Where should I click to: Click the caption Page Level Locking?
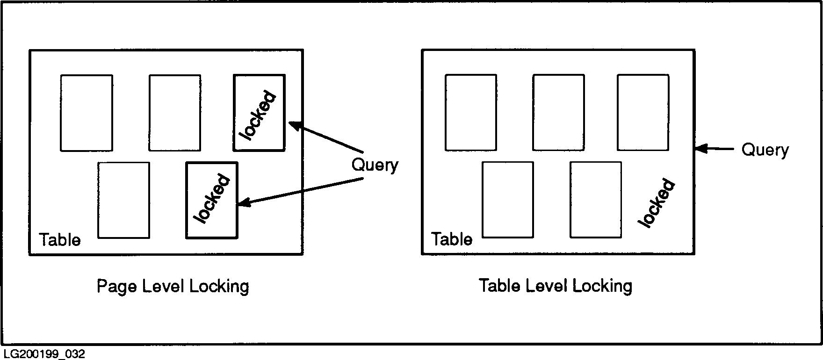pyautogui.click(x=173, y=286)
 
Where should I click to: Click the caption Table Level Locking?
pyautogui.click(x=556, y=285)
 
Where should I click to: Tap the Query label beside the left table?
pyautogui.click(x=375, y=165)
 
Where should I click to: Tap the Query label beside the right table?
pyautogui.click(x=765, y=150)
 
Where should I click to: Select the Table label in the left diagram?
pyautogui.click(x=60, y=240)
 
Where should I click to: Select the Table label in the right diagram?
pyautogui.click(x=452, y=239)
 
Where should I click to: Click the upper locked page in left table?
pyautogui.click(x=259, y=113)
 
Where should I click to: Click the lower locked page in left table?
pyautogui.click(x=212, y=200)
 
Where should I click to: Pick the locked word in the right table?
pyautogui.click(x=657, y=203)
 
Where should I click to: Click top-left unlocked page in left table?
pyautogui.click(x=87, y=113)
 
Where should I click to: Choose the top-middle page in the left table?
pyautogui.click(x=175, y=113)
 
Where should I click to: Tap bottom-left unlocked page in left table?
pyautogui.click(x=124, y=200)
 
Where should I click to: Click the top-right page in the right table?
pyautogui.click(x=643, y=112)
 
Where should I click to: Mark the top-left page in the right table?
pyautogui.click(x=471, y=112)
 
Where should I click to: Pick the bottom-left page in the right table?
pyautogui.click(x=508, y=200)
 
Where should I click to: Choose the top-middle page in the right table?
pyautogui.click(x=558, y=112)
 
